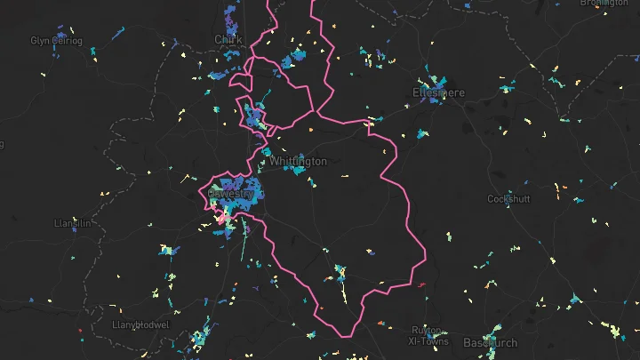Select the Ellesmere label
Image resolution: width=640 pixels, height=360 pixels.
(438, 92)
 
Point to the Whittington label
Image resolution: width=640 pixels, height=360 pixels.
(299, 162)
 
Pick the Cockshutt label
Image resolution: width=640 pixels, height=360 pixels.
(509, 199)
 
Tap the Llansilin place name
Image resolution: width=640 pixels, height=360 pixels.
(72, 223)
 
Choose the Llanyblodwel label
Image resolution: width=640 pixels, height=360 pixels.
(140, 325)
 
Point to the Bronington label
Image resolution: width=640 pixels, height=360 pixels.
(604, 4)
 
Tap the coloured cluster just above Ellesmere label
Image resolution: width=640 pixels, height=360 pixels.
(433, 76)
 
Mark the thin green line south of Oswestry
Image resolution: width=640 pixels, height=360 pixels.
(243, 247)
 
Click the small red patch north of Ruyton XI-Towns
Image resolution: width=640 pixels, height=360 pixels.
(420, 285)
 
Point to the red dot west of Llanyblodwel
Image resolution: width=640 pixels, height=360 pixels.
(81, 332)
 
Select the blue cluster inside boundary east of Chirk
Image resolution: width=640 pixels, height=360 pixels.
(291, 60)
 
